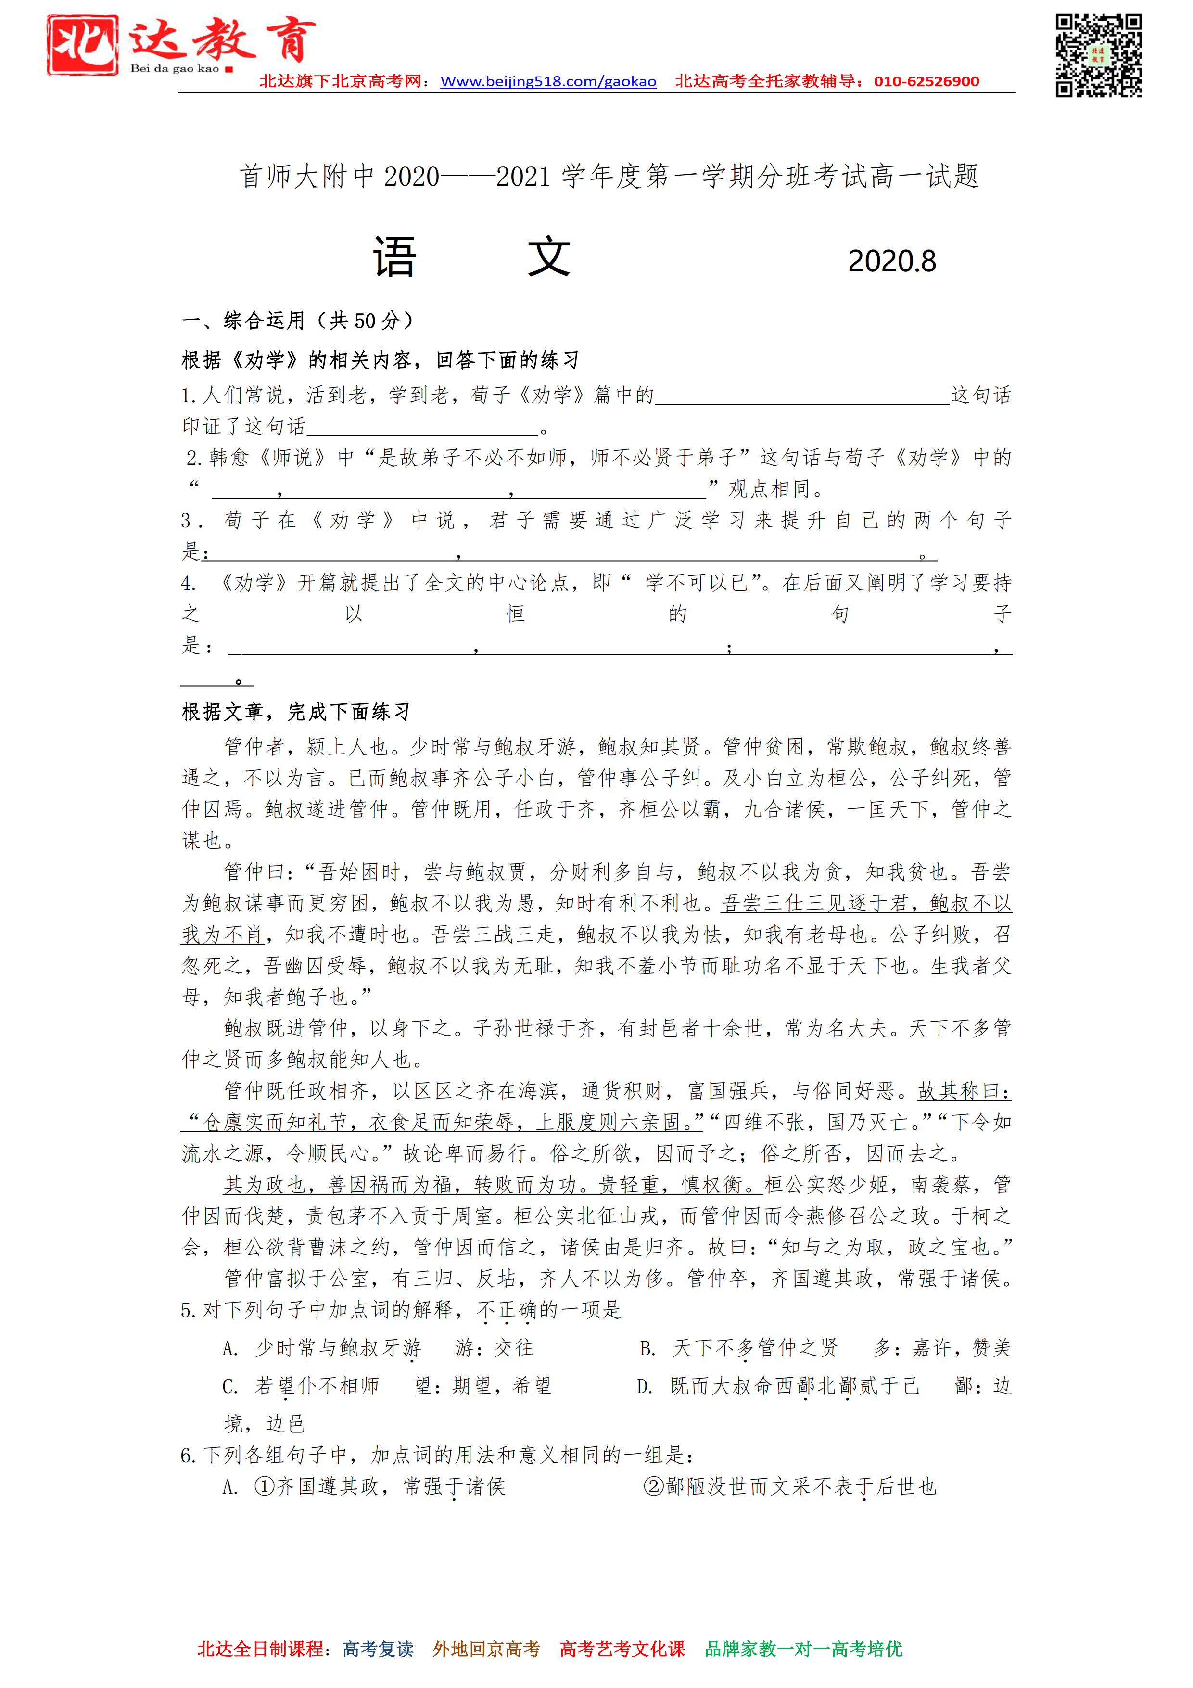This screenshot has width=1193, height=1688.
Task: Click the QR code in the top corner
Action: (x=1098, y=55)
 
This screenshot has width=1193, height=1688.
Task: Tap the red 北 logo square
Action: (x=82, y=45)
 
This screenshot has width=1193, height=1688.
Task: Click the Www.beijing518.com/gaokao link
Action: (x=547, y=82)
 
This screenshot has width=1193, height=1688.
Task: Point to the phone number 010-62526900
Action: (x=926, y=82)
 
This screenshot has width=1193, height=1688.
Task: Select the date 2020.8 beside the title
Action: (x=892, y=261)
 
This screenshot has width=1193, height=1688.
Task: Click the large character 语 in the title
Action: (x=395, y=257)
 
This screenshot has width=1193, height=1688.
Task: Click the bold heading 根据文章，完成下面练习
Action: (x=295, y=712)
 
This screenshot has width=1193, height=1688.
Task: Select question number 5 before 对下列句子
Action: (x=188, y=1310)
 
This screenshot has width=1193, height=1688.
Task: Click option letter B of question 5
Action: (x=647, y=1348)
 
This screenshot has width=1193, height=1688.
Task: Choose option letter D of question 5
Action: (x=645, y=1387)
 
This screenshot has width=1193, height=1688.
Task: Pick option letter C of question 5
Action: (x=230, y=1387)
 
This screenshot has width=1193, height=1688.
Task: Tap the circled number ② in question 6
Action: (x=653, y=1486)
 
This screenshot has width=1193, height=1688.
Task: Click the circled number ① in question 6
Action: (x=265, y=1486)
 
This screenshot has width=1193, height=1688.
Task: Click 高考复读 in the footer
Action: (x=378, y=1649)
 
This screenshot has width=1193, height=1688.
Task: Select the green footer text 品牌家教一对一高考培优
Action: (x=803, y=1649)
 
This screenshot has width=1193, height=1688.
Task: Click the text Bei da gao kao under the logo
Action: (x=175, y=68)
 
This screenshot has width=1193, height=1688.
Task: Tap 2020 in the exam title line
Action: (x=412, y=177)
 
